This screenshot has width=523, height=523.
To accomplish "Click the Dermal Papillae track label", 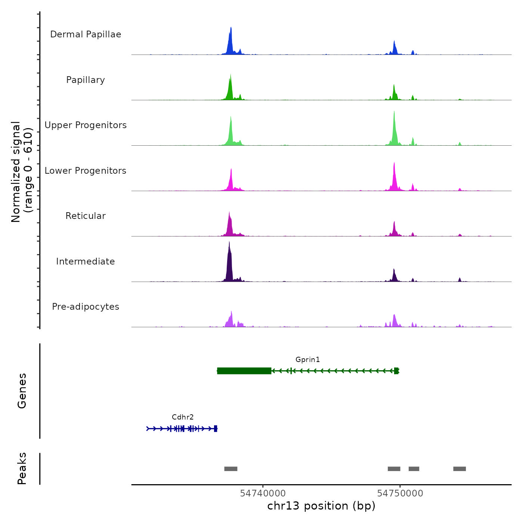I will point(86,34).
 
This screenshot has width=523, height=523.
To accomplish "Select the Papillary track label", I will point(86,80).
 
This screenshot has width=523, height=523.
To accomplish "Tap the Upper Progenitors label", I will point(86,125).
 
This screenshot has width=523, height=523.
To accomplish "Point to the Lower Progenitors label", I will point(86,171).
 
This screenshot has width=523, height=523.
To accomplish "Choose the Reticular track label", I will point(86,216).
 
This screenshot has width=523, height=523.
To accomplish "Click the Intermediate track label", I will point(86,261).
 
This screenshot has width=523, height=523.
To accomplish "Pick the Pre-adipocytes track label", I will point(86,307).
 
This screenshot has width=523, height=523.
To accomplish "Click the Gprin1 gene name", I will point(307,360).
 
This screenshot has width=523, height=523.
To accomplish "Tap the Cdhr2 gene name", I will point(183,417).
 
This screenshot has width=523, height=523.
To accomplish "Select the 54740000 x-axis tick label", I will point(263,493).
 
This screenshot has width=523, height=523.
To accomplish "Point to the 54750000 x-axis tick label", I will point(400,493).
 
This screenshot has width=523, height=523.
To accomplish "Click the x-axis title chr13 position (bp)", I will point(321,506).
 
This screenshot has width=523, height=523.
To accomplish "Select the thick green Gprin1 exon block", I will point(244,371).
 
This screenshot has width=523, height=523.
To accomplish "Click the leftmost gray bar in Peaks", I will point(231,469).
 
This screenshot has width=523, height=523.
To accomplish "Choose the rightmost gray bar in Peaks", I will point(459,469).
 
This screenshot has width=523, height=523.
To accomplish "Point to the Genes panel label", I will point(22,391).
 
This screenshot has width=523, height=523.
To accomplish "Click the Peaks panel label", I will point(22,468).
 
